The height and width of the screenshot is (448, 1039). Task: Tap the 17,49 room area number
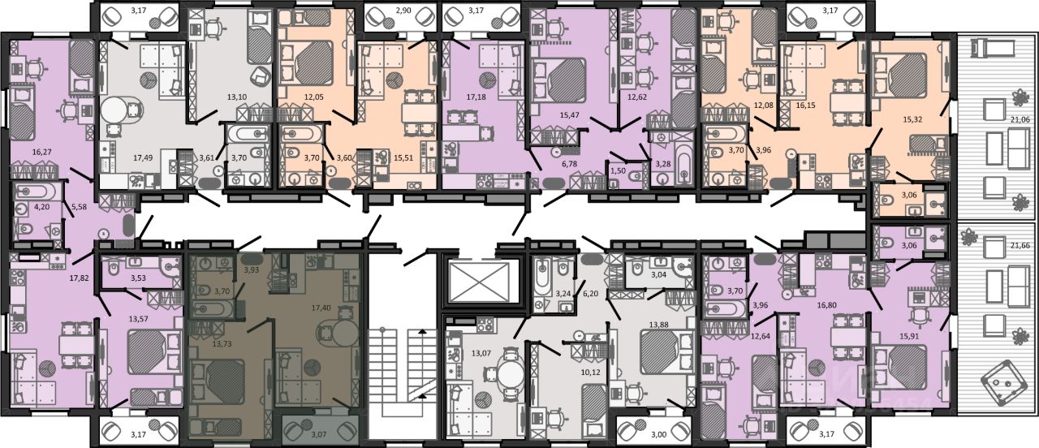coord(143,157)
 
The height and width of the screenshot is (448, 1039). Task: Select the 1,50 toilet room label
coord(618,171)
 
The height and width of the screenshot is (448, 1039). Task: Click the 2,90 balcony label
coord(403,11)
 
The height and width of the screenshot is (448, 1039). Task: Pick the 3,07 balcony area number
coord(318,434)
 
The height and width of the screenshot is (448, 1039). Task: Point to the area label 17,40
coord(321,308)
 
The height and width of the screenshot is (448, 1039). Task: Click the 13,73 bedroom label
coord(222,343)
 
